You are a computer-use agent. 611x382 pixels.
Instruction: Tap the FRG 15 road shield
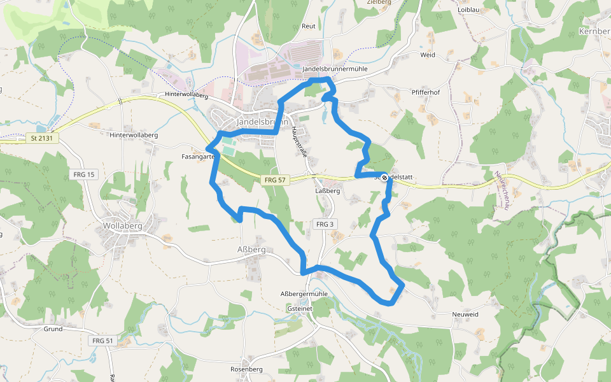(x=83, y=174)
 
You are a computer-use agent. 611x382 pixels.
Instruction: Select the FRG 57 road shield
(x=275, y=180)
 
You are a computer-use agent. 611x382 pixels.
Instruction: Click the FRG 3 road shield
(x=324, y=224)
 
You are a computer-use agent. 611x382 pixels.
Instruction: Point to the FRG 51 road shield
(x=102, y=341)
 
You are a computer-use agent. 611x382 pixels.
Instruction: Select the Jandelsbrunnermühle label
(x=335, y=69)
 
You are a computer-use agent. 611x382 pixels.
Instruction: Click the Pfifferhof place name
(x=426, y=92)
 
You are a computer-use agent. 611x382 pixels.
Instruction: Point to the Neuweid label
(x=465, y=315)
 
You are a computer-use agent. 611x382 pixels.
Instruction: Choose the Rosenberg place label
(x=246, y=369)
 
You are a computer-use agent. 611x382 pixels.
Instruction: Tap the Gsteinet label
(x=299, y=308)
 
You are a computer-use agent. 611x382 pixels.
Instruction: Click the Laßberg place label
(x=328, y=190)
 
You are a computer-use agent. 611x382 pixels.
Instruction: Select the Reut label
(x=309, y=26)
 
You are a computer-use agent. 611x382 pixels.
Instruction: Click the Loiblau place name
(x=468, y=10)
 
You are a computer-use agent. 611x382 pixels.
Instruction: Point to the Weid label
(x=428, y=55)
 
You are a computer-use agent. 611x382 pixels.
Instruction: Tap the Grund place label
(x=53, y=329)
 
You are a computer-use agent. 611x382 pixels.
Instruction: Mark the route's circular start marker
(x=384, y=178)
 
